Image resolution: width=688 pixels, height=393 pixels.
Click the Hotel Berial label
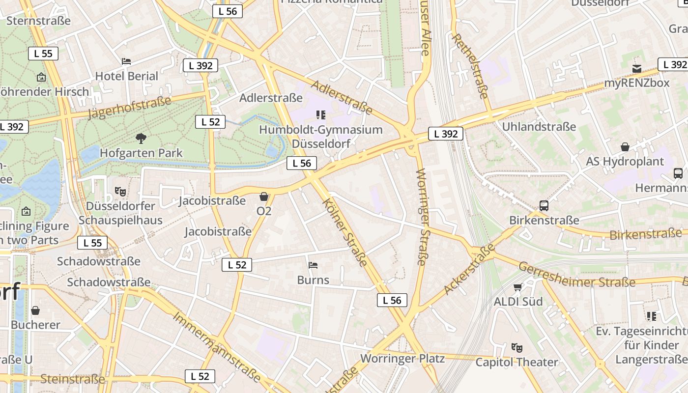click(126, 76)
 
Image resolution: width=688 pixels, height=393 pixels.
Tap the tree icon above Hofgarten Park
click(141, 139)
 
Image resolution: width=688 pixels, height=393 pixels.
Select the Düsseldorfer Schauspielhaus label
click(120, 213)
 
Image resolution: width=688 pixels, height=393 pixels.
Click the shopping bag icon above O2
click(264, 197)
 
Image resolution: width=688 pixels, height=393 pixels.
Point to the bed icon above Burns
click(313, 265)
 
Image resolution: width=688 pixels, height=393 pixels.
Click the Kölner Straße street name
click(345, 232)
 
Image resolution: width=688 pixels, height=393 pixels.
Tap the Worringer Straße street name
click(422, 217)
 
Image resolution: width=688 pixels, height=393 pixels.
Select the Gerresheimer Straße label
click(577, 275)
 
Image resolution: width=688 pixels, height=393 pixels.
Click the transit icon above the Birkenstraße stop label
click(544, 206)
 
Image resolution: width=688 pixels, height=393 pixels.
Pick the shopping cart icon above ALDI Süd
click(517, 287)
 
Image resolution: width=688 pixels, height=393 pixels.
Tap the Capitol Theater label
click(516, 363)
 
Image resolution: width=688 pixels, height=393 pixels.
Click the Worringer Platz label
click(402, 358)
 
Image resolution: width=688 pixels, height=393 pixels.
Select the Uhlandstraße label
click(539, 127)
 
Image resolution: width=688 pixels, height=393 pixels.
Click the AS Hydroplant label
click(625, 162)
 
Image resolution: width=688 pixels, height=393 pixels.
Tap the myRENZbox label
click(636, 83)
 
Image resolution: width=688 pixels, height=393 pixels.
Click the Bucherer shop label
click(35, 325)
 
